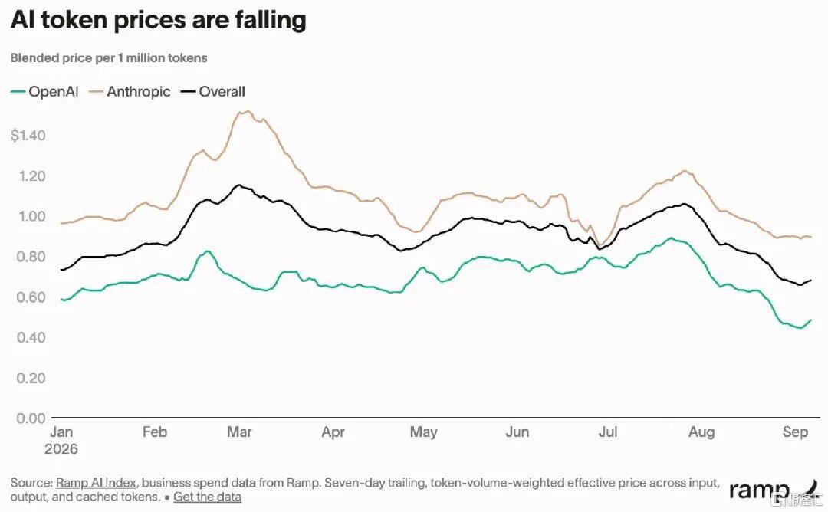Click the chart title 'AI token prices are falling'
(x=159, y=21)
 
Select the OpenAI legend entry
(x=44, y=92)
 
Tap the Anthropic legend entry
(x=130, y=92)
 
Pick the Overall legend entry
(x=213, y=92)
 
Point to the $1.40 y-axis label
(x=28, y=136)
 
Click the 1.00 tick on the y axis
(x=31, y=216)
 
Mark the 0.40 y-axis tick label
(x=31, y=337)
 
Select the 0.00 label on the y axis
(x=31, y=418)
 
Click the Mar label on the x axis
(x=239, y=432)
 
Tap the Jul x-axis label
(x=608, y=432)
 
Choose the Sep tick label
(x=795, y=433)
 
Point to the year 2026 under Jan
(x=61, y=449)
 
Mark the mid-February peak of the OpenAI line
(x=207, y=251)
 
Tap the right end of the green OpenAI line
(x=811, y=320)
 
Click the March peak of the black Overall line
(x=238, y=185)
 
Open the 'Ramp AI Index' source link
(x=96, y=482)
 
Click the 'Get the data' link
(x=207, y=497)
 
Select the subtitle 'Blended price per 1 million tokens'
(x=109, y=58)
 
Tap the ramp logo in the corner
(x=772, y=489)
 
